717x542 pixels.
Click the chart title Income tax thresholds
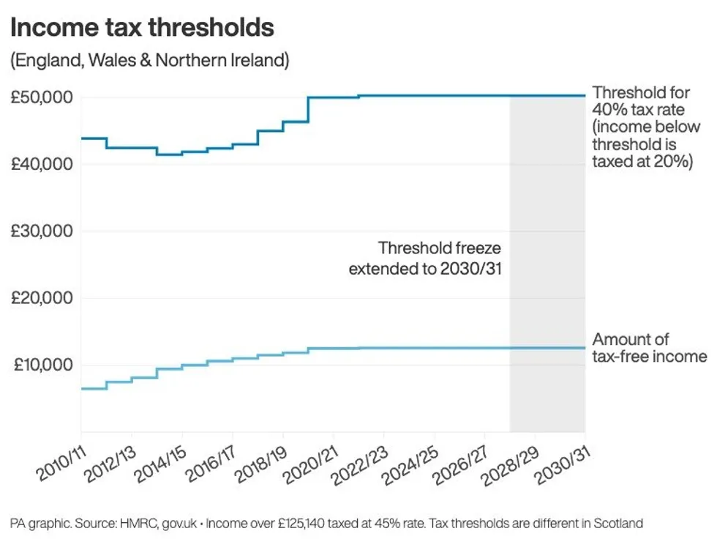[142, 28]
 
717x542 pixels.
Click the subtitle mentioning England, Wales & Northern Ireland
[150, 60]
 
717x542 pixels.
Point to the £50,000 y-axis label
[41, 97]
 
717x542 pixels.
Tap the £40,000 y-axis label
[41, 164]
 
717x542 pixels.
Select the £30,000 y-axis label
[41, 231]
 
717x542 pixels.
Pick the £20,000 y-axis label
[41, 298]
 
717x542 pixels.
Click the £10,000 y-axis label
[41, 365]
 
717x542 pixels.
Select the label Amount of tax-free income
[649, 348]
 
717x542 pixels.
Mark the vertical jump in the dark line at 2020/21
[308, 109]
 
